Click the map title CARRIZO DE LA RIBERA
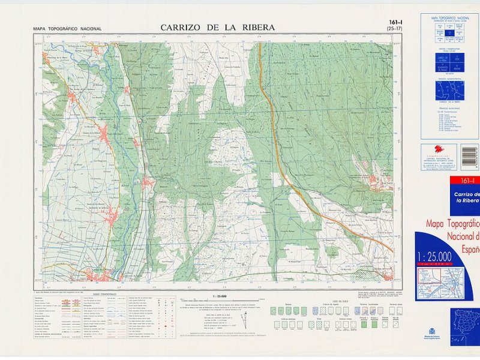coord(217,28)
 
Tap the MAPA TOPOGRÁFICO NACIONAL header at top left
coord(67,29)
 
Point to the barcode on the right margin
coord(469,154)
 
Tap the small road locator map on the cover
coord(446,281)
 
